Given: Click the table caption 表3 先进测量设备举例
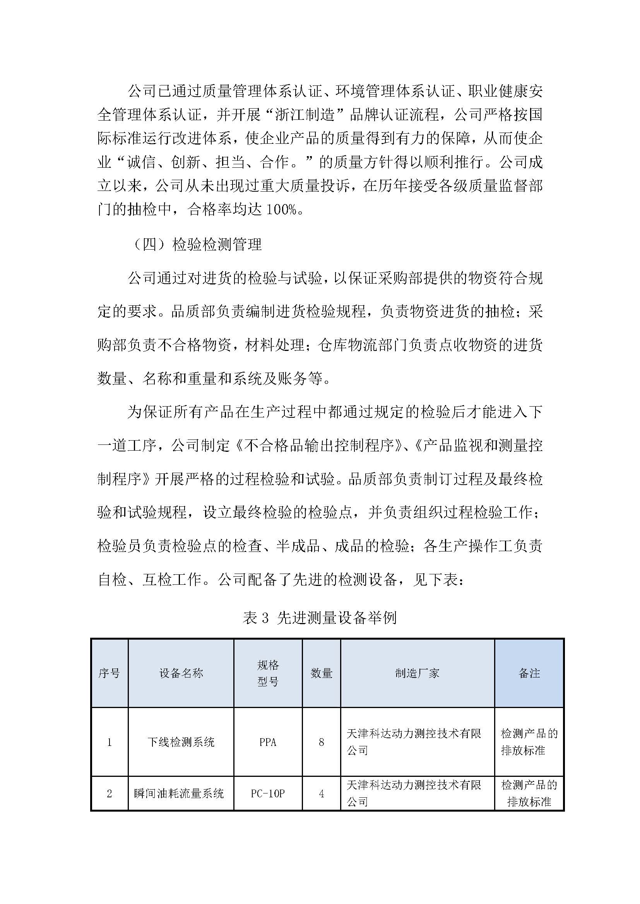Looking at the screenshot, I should [320, 617].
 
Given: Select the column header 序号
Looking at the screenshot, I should [109, 673].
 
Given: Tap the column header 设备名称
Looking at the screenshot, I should [181, 673].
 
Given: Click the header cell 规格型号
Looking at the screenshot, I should [268, 673].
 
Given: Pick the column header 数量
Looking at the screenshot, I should [321, 673].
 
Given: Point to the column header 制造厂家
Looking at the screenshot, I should [417, 673].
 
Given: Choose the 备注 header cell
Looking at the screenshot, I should [529, 673].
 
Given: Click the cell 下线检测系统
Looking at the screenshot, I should [181, 742].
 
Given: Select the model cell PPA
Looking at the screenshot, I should [268, 742].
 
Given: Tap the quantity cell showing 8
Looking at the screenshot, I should [321, 742].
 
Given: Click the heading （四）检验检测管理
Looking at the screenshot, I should [197, 245].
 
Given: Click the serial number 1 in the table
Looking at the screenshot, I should [109, 742].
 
